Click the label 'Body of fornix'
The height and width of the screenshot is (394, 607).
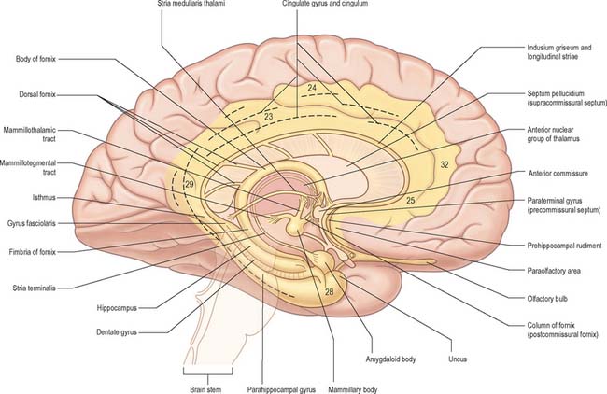pyautogui.click(x=35, y=59)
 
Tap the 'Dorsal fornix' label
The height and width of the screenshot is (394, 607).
pyautogui.click(x=37, y=94)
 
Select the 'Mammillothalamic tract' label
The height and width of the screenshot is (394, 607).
pyautogui.click(x=30, y=134)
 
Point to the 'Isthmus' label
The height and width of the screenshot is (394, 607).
pyautogui.click(x=44, y=197)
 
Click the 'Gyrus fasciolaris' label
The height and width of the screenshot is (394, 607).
pyautogui.click(x=32, y=223)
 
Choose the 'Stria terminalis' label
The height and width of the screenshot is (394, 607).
pyautogui.click(x=34, y=288)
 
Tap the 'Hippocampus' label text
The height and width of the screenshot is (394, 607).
pyautogui.click(x=117, y=308)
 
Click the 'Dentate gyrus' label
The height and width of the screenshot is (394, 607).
pyautogui.click(x=117, y=332)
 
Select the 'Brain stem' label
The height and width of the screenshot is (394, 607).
pyautogui.click(x=205, y=389)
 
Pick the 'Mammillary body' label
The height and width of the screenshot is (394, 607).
pyautogui.click(x=352, y=389)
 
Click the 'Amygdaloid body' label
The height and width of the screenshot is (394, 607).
pyautogui.click(x=390, y=359)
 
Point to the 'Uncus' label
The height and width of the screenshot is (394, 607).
pyautogui.click(x=458, y=359)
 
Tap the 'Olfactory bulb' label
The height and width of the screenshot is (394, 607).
pyautogui.click(x=547, y=299)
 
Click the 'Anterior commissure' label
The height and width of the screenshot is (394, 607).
pyautogui.click(x=558, y=174)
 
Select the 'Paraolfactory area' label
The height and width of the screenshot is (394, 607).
pyautogui.click(x=554, y=271)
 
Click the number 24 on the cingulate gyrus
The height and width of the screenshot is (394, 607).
pyautogui.click(x=312, y=88)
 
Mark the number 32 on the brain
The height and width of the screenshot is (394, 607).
pyautogui.click(x=445, y=164)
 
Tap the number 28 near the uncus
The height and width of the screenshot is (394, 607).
pyautogui.click(x=329, y=291)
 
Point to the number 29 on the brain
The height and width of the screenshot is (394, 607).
pyautogui.click(x=189, y=184)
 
